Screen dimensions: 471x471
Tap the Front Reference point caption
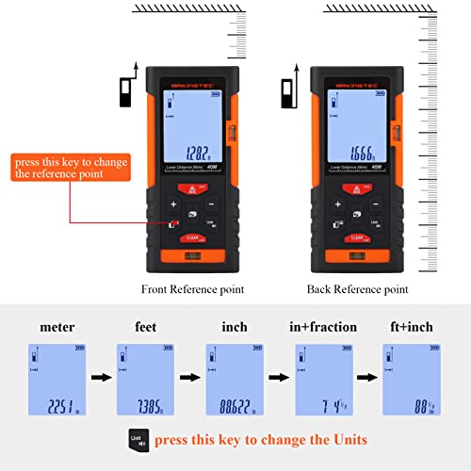pyautogui.click(x=192, y=289)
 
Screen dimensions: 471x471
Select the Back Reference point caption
pyautogui.click(x=357, y=289)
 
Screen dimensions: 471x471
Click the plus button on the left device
pyautogui.click(x=172, y=203)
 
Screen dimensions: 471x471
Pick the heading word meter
pyautogui.click(x=57, y=327)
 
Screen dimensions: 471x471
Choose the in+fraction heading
pyautogui.click(x=323, y=327)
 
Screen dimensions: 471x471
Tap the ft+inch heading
pyautogui.click(x=411, y=327)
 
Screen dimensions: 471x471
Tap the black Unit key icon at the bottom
pyautogui.click(x=138, y=439)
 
